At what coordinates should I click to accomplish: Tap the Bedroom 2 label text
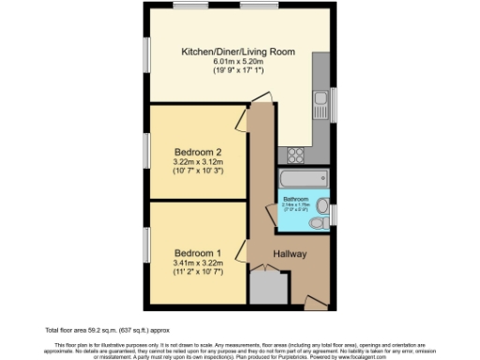tap(199, 153)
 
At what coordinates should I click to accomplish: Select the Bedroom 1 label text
tap(198, 251)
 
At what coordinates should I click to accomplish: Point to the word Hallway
tap(292, 254)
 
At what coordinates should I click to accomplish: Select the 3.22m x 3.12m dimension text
tap(198, 162)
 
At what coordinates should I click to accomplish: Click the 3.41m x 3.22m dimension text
tap(198, 263)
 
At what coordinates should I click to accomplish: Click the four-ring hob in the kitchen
tap(297, 154)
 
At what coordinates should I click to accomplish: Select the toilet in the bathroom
tap(322, 205)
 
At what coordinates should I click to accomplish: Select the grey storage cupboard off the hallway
tap(267, 287)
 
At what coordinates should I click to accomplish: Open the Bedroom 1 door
tap(241, 250)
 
